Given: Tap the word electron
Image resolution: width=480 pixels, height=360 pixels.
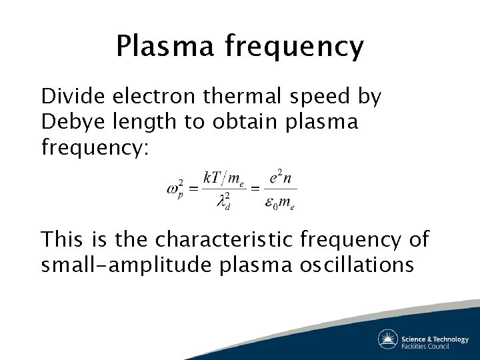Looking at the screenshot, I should [x=153, y=97].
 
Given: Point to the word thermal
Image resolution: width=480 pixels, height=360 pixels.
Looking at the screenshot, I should [x=247, y=97].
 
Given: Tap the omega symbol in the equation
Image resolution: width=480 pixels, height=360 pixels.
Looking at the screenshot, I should [x=173, y=189].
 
